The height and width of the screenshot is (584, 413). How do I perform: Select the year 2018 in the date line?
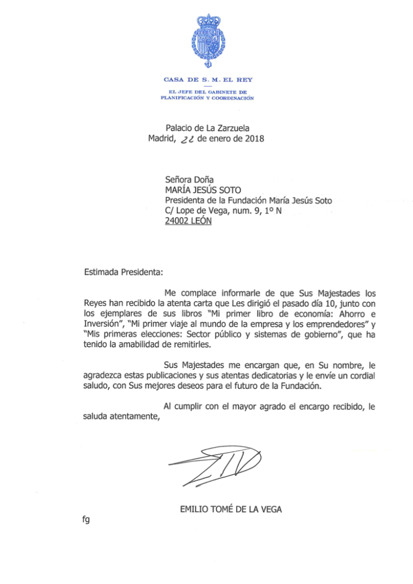coord(254,139)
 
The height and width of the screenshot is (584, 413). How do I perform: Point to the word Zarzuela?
coord(230,128)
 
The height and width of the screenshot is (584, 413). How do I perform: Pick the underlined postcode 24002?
coord(177,221)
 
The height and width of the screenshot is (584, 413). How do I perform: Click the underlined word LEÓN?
coord(201,221)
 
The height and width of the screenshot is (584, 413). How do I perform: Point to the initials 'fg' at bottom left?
coord(86,520)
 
